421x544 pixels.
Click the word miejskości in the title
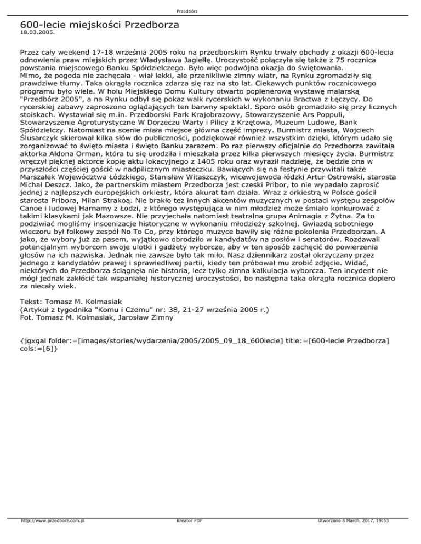point(92,25)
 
